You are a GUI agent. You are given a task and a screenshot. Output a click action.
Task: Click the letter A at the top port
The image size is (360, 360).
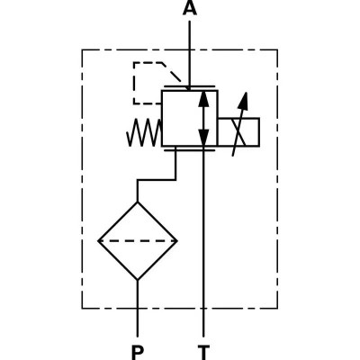[x=189, y=10]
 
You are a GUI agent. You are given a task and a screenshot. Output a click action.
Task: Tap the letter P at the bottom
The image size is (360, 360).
[x=138, y=348]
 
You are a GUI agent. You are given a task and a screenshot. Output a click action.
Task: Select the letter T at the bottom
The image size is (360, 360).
[x=204, y=348]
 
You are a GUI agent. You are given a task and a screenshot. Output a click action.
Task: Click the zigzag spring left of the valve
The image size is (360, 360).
[x=142, y=136]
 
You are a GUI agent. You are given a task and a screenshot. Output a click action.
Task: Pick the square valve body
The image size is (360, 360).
[x=187, y=118]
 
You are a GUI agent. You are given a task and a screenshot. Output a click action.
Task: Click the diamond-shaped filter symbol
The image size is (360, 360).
[x=138, y=240]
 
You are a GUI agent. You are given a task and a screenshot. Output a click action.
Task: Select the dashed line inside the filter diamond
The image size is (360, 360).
[x=138, y=240]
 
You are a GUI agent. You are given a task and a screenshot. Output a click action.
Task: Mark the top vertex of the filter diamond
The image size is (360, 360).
[x=138, y=201]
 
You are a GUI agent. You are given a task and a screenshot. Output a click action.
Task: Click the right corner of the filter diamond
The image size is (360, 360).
[x=177, y=240]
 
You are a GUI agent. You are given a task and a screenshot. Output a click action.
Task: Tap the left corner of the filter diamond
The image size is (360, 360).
[x=98, y=240]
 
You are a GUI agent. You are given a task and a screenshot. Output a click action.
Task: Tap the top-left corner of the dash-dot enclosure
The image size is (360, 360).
[x=83, y=50]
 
